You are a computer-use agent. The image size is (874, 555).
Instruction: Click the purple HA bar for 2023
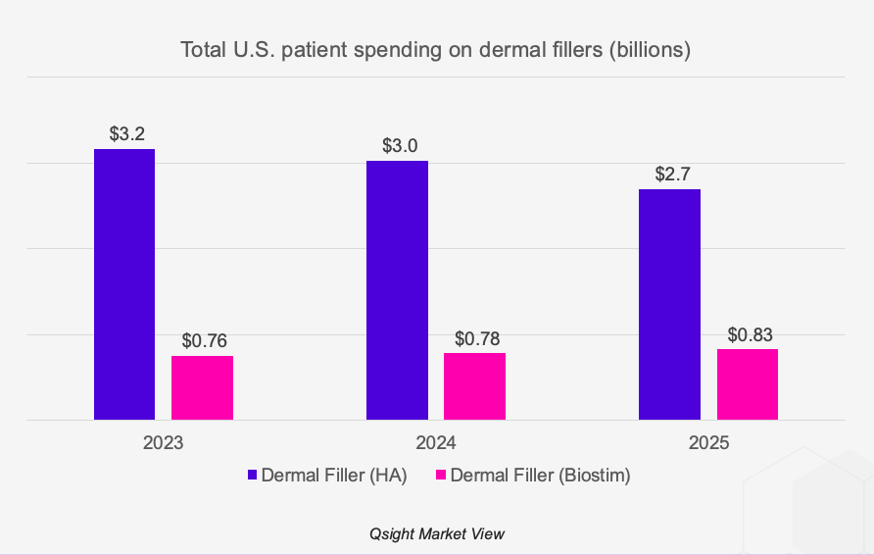pyautogui.click(x=124, y=284)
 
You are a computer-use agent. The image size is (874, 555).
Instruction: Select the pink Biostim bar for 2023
pyautogui.click(x=202, y=387)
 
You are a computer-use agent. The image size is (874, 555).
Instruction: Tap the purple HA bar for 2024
pyautogui.click(x=397, y=290)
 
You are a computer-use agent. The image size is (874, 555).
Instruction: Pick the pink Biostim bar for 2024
pyautogui.click(x=474, y=386)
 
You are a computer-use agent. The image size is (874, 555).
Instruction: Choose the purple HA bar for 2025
pyautogui.click(x=669, y=304)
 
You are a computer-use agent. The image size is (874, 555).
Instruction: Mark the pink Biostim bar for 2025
pyautogui.click(x=747, y=384)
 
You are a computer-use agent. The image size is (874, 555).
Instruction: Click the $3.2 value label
pyautogui.click(x=126, y=133)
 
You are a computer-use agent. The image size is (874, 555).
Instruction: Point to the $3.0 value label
pyautogui.click(x=399, y=145)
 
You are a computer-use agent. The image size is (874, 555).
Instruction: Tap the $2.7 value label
pyautogui.click(x=671, y=174)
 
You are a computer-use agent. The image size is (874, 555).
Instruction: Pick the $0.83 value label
pyautogui.click(x=750, y=334)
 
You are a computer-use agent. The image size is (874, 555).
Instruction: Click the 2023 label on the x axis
pyautogui.click(x=164, y=442)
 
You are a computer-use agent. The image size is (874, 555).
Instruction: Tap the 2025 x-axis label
pyautogui.click(x=709, y=442)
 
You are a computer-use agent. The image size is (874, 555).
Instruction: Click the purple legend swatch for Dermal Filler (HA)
pyautogui.click(x=252, y=476)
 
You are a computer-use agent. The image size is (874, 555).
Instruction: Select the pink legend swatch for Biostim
pyautogui.click(x=441, y=476)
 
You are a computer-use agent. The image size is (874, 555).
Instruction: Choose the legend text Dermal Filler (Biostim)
pyautogui.click(x=540, y=476)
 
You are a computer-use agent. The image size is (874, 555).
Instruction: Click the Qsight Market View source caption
pyautogui.click(x=437, y=533)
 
